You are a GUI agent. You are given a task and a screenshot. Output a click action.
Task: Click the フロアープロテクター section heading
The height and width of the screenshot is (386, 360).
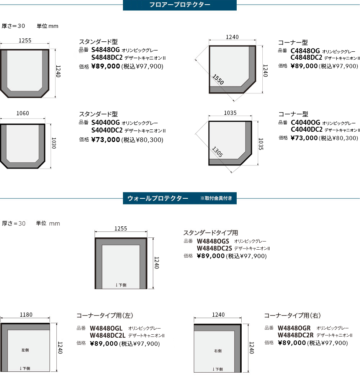click(x=180, y=5)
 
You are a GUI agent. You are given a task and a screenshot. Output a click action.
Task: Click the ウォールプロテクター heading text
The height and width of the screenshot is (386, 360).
click(x=158, y=198)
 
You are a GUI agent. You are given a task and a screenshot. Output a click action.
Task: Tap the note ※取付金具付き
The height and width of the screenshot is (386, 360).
click(x=216, y=198)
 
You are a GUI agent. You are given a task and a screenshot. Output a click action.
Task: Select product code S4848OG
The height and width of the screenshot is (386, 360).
click(x=105, y=50)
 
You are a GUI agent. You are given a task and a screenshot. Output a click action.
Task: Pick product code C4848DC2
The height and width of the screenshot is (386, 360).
click(x=306, y=57)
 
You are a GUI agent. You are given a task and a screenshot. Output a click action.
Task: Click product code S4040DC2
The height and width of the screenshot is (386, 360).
click(x=107, y=130)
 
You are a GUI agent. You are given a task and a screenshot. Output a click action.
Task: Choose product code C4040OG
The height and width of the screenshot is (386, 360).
click(x=305, y=123)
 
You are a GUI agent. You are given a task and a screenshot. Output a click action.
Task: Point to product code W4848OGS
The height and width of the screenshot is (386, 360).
click(x=213, y=241)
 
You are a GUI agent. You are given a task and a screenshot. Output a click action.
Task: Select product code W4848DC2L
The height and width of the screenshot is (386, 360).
click(x=108, y=335)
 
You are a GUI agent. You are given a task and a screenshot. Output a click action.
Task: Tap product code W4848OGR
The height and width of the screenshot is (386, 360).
click(x=294, y=328)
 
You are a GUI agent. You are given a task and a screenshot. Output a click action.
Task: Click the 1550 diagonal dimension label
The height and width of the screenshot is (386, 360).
click(x=218, y=80)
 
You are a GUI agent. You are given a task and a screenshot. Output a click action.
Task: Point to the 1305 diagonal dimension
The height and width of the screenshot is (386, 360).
click(x=218, y=152)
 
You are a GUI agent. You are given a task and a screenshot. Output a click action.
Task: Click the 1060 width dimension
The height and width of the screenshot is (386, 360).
click(x=23, y=113)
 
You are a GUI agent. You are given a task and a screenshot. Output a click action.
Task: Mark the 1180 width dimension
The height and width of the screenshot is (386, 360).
click(x=26, y=315)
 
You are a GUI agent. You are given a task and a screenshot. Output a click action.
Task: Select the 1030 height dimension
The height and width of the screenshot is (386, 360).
click(x=54, y=143)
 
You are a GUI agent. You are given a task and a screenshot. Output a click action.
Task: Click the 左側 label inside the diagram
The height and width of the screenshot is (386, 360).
click(x=25, y=350)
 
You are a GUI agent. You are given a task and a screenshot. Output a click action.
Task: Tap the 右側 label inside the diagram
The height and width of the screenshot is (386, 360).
click(x=218, y=351)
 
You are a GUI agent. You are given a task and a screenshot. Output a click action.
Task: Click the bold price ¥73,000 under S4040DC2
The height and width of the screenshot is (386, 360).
click(x=105, y=140)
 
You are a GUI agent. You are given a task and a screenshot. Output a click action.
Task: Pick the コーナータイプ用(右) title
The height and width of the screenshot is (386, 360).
click(x=292, y=316)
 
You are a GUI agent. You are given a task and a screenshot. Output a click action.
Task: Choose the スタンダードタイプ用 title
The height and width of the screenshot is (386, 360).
click(x=211, y=233)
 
